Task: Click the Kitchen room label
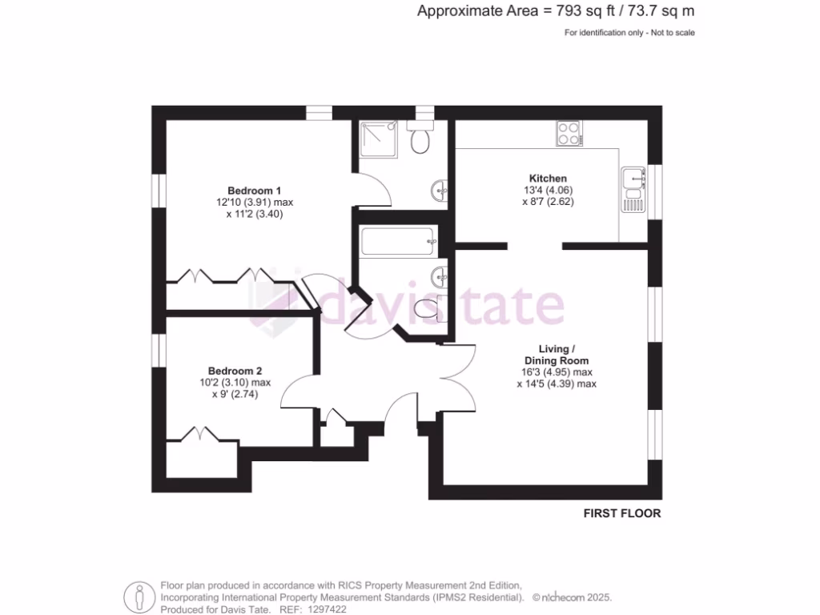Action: [548, 178]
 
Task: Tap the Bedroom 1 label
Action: [254, 191]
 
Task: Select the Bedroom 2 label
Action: [235, 371]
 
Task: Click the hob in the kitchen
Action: [569, 133]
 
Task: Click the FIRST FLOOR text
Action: [621, 513]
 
